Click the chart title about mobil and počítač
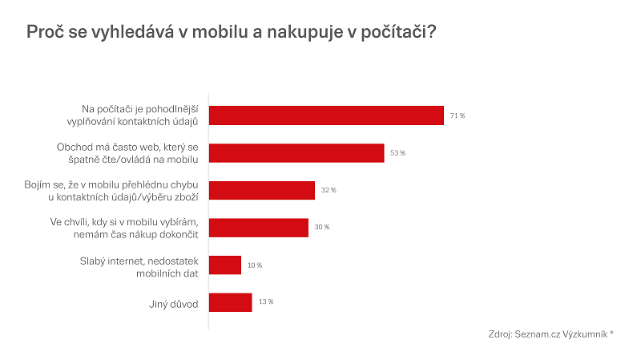pyautogui.click(x=232, y=33)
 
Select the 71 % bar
pyautogui.click(x=326, y=115)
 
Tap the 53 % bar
pyautogui.click(x=296, y=152)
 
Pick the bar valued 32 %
pyautogui.click(x=262, y=190)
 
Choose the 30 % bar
pyautogui.click(x=259, y=227)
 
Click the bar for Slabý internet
pyautogui.click(x=225, y=265)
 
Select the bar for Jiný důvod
pyautogui.click(x=231, y=302)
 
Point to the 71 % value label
pyautogui.click(x=458, y=115)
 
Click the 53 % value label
pyautogui.click(x=398, y=152)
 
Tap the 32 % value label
pyautogui.click(x=329, y=190)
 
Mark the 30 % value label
pyautogui.click(x=322, y=228)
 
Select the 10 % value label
pyautogui.click(x=254, y=265)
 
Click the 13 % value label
pyautogui.click(x=265, y=302)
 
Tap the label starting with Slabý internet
pyautogui.click(x=139, y=265)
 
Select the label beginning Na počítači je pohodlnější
pyautogui.click(x=140, y=115)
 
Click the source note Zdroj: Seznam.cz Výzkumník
pyautogui.click(x=550, y=334)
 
